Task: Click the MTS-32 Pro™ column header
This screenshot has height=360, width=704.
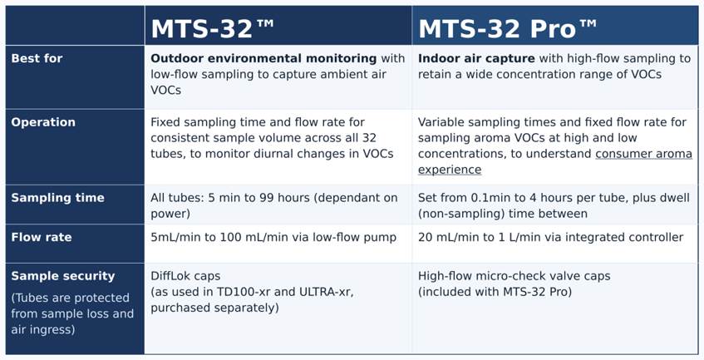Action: point(507,28)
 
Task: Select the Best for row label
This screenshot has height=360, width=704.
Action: point(37,58)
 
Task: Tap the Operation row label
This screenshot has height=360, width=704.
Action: point(43,122)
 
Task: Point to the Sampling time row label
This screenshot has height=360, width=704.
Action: point(57,198)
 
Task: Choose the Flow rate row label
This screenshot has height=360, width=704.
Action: point(42,237)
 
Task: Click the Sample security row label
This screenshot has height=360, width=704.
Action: point(63,276)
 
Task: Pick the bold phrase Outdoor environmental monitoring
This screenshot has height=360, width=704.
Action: point(263,58)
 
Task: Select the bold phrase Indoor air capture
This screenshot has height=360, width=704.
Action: point(476,58)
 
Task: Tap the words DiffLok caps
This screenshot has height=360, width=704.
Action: point(185,276)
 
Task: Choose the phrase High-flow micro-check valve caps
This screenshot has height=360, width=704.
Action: point(514,276)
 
